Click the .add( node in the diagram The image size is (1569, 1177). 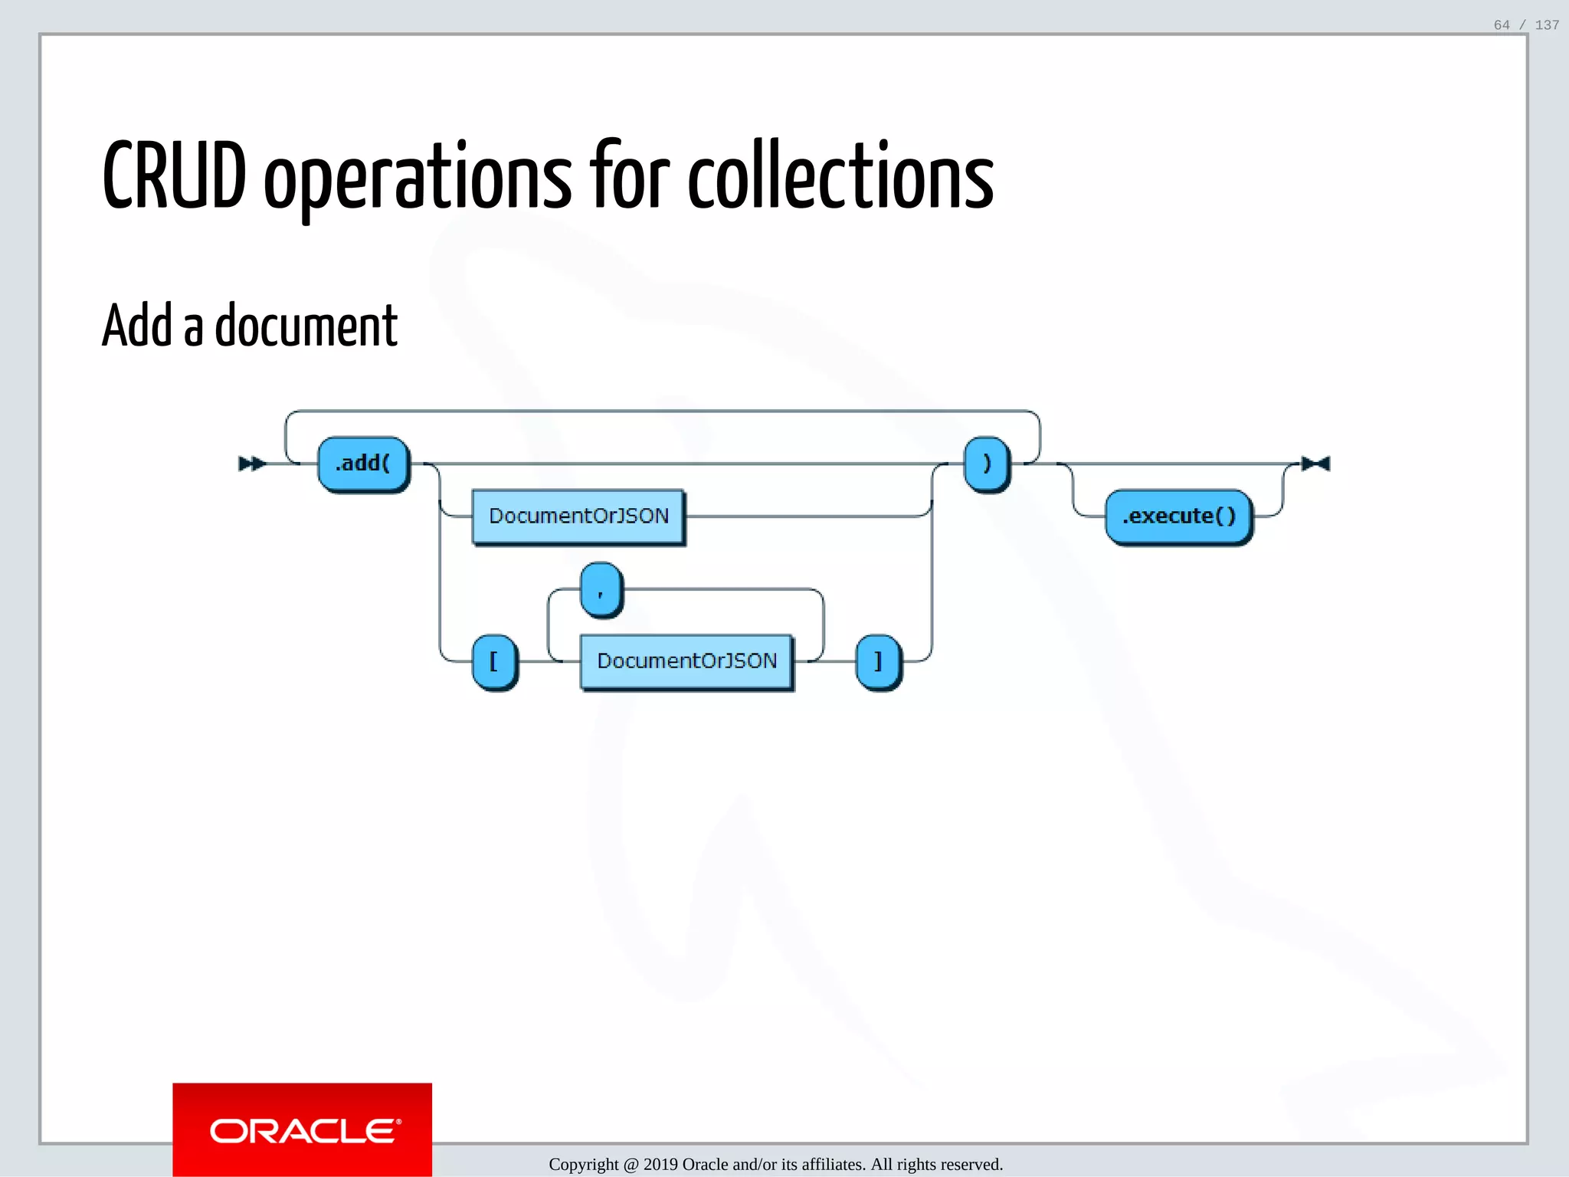point(363,464)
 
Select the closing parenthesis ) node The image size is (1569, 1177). point(986,464)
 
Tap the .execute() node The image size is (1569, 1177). point(1178,516)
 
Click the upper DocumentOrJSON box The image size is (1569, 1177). point(578,516)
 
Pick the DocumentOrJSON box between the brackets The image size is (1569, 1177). point(686,661)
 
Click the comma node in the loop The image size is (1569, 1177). point(601,589)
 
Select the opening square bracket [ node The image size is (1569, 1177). point(494,661)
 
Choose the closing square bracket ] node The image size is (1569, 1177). point(878,661)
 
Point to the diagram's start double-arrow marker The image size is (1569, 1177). point(251,464)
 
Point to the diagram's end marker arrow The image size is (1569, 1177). point(1316,464)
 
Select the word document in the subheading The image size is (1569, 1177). point(306,326)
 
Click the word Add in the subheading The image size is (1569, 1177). point(137,326)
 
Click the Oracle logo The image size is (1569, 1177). point(303,1130)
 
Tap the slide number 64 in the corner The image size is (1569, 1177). point(1502,25)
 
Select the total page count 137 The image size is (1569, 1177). point(1547,25)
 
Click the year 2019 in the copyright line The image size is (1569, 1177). point(660,1165)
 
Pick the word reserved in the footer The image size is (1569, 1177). point(971,1165)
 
